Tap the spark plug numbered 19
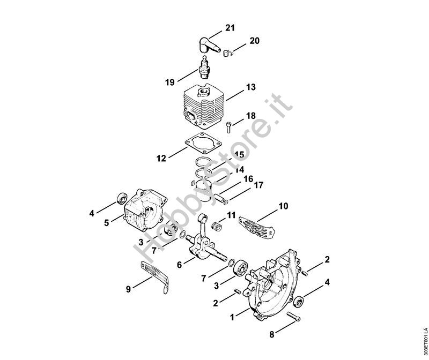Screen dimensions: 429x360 coord(204,67)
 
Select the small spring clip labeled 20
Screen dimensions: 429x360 coord(227,52)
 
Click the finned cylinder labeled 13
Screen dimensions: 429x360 coord(203,106)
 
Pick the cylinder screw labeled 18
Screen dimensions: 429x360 coord(229,127)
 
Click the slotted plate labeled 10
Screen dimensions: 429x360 coord(256,228)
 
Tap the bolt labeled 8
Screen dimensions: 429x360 coord(293,317)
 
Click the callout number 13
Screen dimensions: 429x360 coord(251,87)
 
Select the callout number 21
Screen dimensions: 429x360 coord(230,28)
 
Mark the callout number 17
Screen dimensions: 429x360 coord(258,185)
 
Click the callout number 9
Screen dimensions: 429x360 coord(128,289)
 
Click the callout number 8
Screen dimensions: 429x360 coord(272,334)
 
